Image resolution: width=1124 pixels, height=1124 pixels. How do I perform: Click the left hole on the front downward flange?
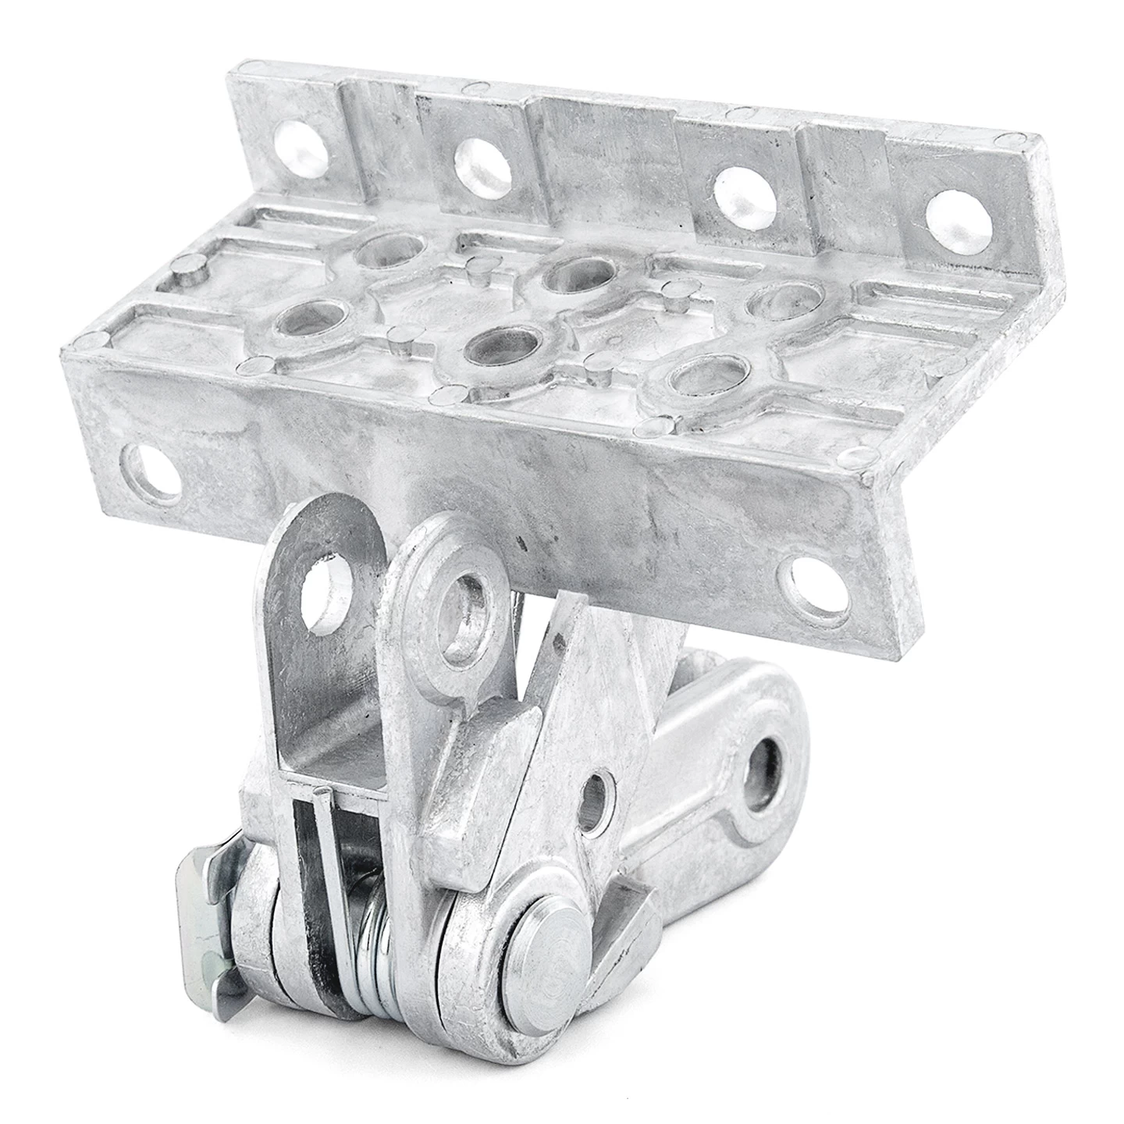[150, 471]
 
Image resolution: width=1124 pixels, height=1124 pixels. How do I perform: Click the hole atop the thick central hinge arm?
[466, 605]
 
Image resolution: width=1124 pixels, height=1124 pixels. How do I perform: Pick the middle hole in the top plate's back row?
[576, 273]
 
